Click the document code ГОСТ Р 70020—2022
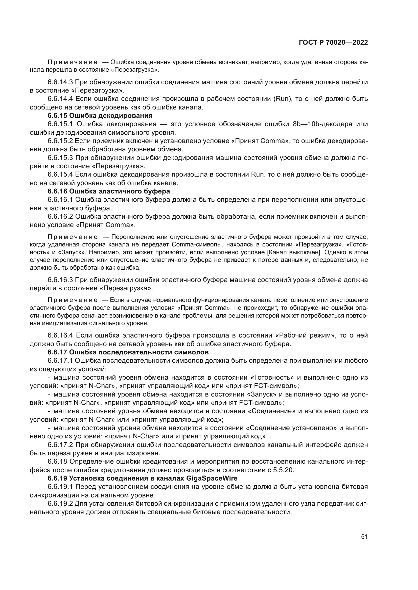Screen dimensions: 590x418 (333, 43)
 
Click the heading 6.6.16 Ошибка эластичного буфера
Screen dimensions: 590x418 (109, 191)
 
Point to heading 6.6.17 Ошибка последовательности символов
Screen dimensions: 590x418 (128, 352)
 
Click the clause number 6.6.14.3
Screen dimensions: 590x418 (60, 82)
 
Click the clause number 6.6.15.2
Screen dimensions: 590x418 (60, 141)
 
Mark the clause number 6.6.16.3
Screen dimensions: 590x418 (60, 279)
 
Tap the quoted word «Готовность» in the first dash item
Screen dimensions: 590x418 (272, 378)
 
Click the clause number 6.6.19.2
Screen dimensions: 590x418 (60, 503)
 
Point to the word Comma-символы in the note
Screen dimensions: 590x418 (197, 244)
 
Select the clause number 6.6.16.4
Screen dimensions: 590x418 (60, 335)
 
